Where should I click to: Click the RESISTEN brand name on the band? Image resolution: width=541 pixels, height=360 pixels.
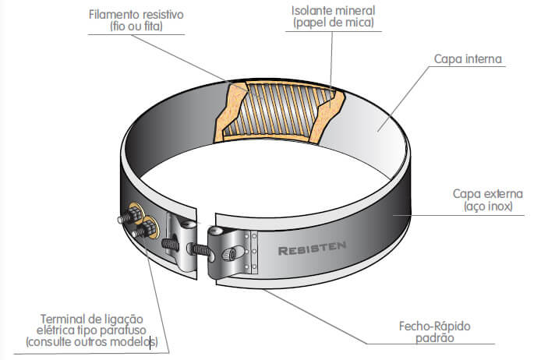pyautogui.click(x=311, y=250)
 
